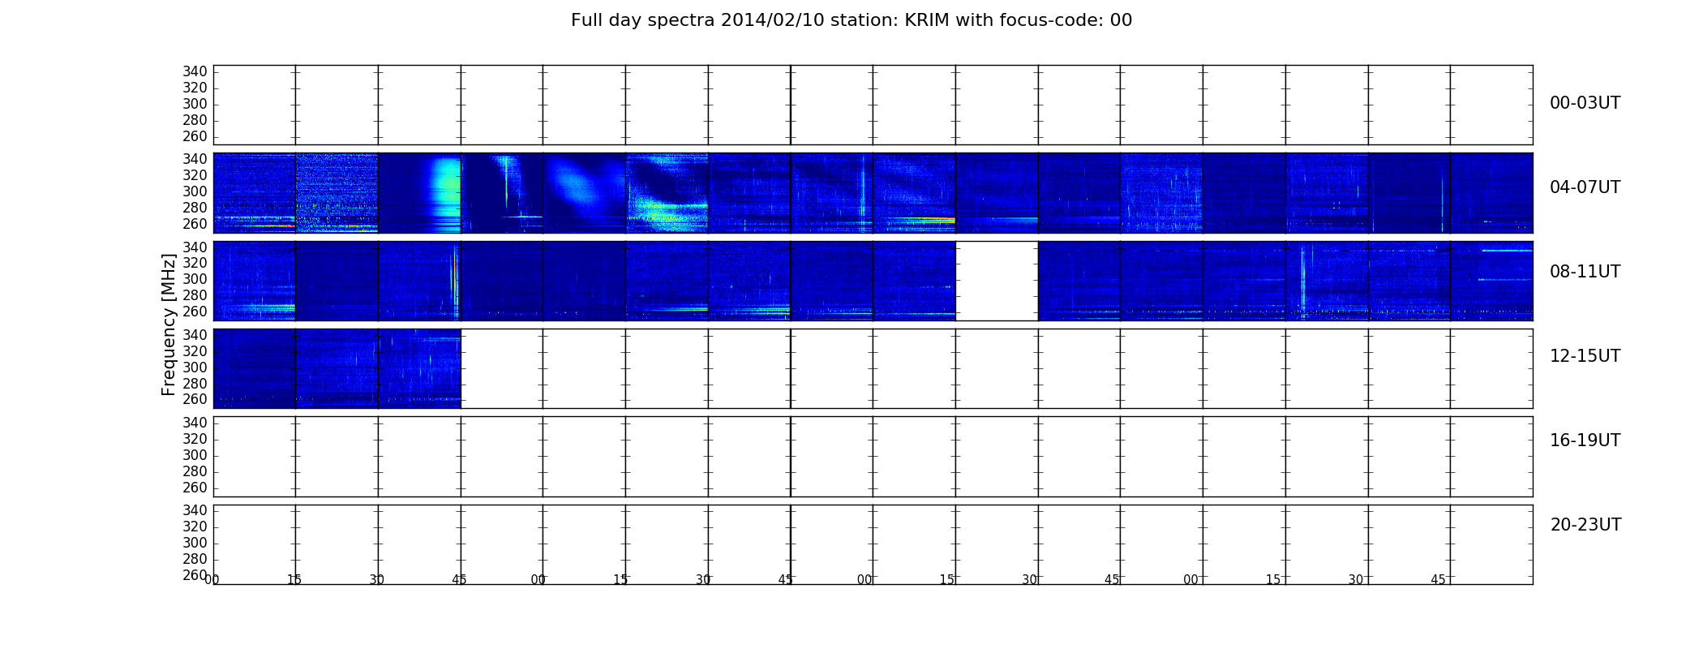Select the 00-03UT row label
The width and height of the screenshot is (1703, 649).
point(1585,103)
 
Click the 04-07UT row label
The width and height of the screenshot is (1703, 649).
point(1585,187)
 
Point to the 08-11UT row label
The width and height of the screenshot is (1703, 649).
point(1585,272)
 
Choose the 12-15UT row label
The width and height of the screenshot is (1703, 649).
point(1585,356)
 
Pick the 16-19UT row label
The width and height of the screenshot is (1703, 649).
point(1585,441)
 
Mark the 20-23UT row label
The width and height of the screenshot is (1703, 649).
point(1585,525)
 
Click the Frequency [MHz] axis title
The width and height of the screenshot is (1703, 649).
point(169,324)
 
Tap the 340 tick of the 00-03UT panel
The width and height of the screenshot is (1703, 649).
point(195,71)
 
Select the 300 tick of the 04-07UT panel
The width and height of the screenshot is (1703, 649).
point(195,191)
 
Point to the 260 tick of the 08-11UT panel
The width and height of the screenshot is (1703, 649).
point(195,312)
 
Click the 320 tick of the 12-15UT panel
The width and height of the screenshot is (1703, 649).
point(195,351)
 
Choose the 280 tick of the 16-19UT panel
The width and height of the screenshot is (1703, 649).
point(195,471)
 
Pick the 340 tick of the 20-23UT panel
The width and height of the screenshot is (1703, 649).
point(195,510)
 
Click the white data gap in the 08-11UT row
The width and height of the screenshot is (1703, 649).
point(997,281)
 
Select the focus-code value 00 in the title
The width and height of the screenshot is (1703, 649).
point(1121,20)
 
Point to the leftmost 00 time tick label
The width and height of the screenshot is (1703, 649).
point(212,580)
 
